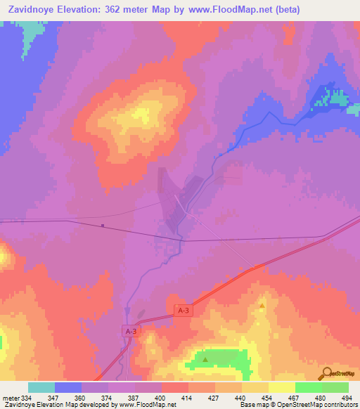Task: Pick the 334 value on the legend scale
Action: (x=27, y=397)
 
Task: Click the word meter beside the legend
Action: (x=10, y=397)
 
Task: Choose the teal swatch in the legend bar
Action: (x=41, y=387)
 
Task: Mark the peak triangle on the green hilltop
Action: (x=205, y=360)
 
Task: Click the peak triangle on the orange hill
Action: (x=262, y=306)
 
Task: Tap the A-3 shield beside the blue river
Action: (x=130, y=330)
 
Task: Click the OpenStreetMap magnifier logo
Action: (x=326, y=372)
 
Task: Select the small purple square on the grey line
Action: (x=103, y=226)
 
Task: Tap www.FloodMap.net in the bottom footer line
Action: (x=148, y=405)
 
